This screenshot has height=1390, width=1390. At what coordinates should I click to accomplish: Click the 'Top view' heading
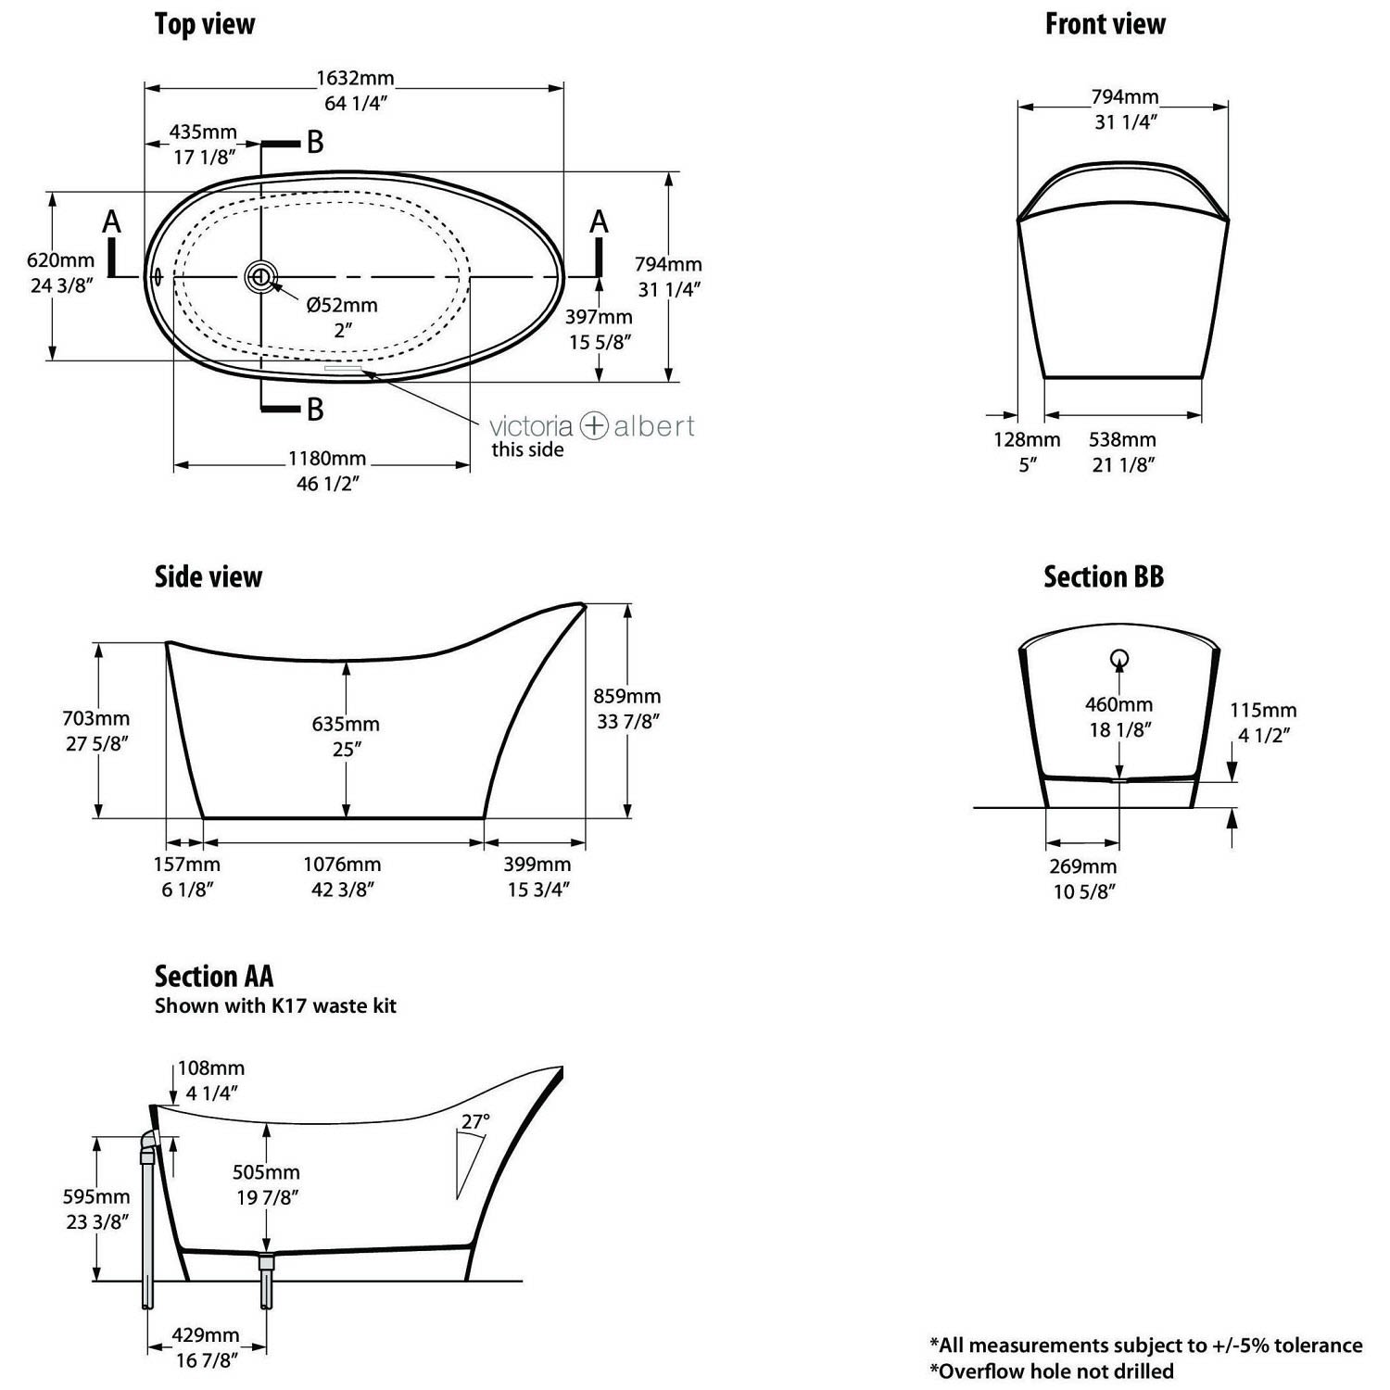point(205,24)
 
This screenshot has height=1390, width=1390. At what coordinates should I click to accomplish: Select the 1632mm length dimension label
point(356,78)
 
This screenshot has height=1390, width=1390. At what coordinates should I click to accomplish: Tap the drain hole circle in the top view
point(261,276)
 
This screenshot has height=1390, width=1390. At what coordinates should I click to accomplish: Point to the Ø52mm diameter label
point(342,305)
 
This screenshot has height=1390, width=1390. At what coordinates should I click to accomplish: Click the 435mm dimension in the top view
point(203,133)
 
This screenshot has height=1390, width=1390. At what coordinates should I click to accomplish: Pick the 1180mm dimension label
point(327,459)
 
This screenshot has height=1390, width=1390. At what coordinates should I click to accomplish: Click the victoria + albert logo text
point(592,426)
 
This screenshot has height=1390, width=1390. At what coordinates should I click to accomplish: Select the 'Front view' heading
point(1106,24)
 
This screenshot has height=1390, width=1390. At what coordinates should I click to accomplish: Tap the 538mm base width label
point(1122,440)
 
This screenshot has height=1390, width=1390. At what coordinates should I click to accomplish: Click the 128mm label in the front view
point(1026,440)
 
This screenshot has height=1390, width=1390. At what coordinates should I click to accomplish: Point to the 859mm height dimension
point(627,696)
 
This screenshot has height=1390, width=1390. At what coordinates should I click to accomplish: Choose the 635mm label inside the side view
point(346,724)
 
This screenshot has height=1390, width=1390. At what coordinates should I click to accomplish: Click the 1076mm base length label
point(342,865)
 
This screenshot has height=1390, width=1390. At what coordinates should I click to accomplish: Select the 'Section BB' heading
point(1104,577)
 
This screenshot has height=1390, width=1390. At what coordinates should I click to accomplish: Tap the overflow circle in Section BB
point(1119,659)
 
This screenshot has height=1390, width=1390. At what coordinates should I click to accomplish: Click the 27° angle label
point(475,1122)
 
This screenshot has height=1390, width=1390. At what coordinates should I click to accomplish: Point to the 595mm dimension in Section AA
point(96,1196)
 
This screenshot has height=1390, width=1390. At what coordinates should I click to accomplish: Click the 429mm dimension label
point(206,1335)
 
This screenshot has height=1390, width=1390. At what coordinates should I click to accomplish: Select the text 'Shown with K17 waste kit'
point(275,1006)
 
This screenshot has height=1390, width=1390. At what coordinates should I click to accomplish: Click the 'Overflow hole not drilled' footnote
point(1052,1371)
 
